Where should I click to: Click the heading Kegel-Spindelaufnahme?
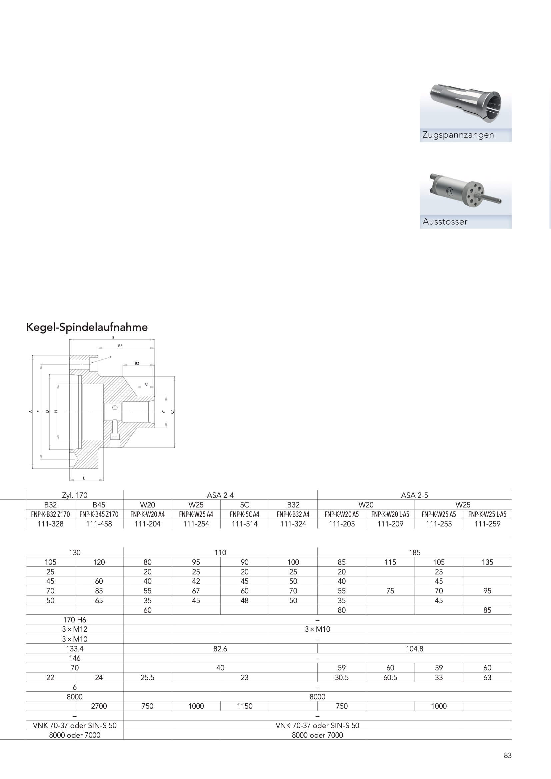pos(87,328)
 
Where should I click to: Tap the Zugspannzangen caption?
pos(458,135)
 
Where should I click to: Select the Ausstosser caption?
pos(445,222)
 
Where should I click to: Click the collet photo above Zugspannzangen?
pos(465,102)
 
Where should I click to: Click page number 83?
pos(508,756)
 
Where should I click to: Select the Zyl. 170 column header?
pos(75,495)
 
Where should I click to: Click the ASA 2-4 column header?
pos(220,495)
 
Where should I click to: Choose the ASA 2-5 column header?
pos(415,495)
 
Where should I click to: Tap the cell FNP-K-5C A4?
pos(244,514)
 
